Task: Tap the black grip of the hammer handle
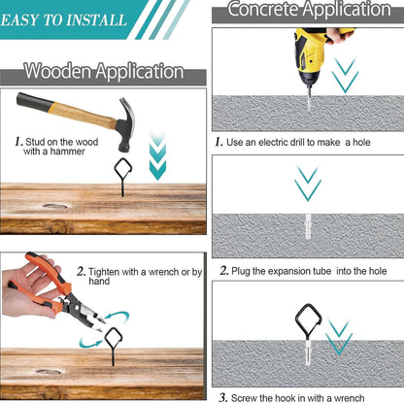(35, 101)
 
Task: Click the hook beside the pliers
(113, 343)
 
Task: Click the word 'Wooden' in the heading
(57, 71)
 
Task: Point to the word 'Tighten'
(104, 272)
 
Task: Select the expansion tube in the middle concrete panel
(308, 226)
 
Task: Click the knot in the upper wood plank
(55, 206)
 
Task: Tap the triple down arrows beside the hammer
(157, 156)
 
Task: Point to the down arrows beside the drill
(345, 75)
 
